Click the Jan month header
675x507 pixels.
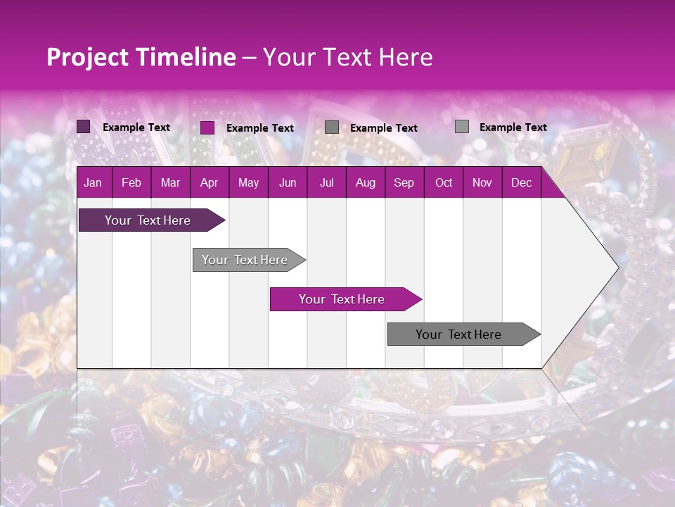(93, 183)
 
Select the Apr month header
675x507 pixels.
(210, 183)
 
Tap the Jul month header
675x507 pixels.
(326, 183)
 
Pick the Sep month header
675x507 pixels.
(404, 183)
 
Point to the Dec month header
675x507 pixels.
(521, 183)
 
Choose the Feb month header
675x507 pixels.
(131, 183)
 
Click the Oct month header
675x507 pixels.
(444, 183)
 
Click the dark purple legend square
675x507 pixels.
(84, 127)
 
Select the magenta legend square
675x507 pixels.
(207, 127)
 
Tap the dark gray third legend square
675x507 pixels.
(332, 127)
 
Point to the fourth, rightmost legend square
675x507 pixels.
(462, 127)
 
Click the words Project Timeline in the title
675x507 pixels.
(141, 57)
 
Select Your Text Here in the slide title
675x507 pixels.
(348, 57)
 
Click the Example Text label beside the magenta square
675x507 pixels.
(260, 128)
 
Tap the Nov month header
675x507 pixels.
(482, 183)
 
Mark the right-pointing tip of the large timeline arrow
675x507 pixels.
(617, 267)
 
